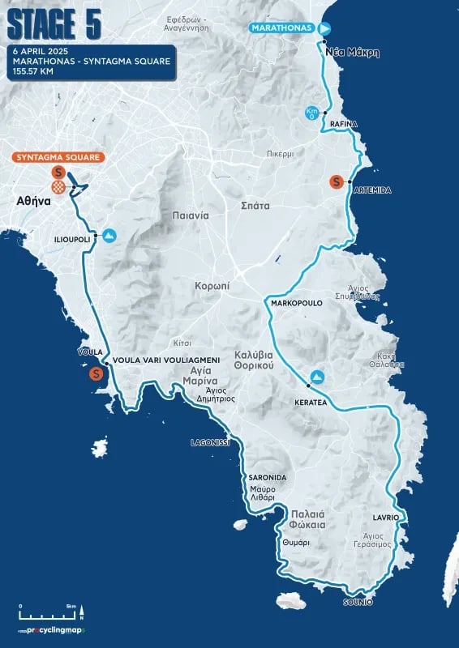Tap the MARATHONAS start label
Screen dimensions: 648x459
click(x=281, y=28)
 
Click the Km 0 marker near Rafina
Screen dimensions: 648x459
click(x=312, y=113)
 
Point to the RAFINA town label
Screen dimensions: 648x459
click(x=344, y=123)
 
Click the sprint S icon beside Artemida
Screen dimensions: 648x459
click(x=336, y=182)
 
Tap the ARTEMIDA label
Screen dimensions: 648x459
click(x=372, y=190)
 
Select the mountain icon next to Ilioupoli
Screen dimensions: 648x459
click(x=108, y=236)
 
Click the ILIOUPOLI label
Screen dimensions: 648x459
click(x=71, y=241)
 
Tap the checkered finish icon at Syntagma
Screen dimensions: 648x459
click(x=58, y=188)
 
